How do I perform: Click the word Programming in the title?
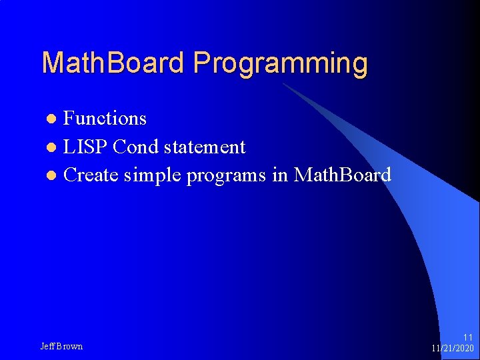click(x=281, y=64)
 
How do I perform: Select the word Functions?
click(x=105, y=119)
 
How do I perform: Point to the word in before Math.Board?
click(x=280, y=175)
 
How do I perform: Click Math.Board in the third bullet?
click(x=342, y=175)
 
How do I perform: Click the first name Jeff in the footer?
click(x=48, y=347)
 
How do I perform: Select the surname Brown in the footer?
click(x=70, y=347)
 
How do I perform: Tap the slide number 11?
click(x=467, y=337)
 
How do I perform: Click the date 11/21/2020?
click(x=453, y=349)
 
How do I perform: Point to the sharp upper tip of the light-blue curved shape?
click(x=283, y=84)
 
